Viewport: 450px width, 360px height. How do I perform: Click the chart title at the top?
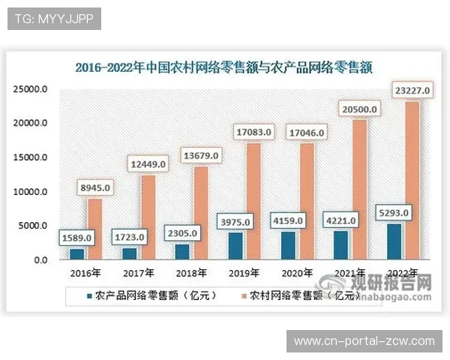[x=224, y=67]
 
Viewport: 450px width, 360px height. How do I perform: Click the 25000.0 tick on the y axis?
[x=31, y=89]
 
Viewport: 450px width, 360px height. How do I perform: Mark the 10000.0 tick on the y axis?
[x=31, y=192]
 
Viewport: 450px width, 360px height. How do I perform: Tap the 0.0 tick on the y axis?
[x=40, y=260]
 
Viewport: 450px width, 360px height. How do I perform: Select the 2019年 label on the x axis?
[x=244, y=273]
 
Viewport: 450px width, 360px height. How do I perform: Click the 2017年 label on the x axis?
[x=139, y=273]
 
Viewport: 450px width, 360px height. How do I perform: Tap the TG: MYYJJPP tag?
[x=53, y=18]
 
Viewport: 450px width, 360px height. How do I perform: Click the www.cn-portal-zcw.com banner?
[x=364, y=341]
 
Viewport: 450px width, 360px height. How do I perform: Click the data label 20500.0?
[x=358, y=109]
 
